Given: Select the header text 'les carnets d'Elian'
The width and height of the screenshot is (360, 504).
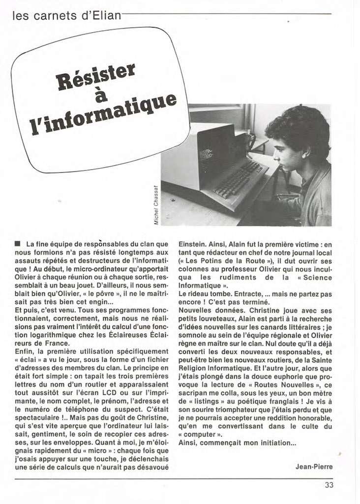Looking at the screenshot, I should tap(66, 15).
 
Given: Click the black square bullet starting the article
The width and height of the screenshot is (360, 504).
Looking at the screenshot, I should tap(18, 244).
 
